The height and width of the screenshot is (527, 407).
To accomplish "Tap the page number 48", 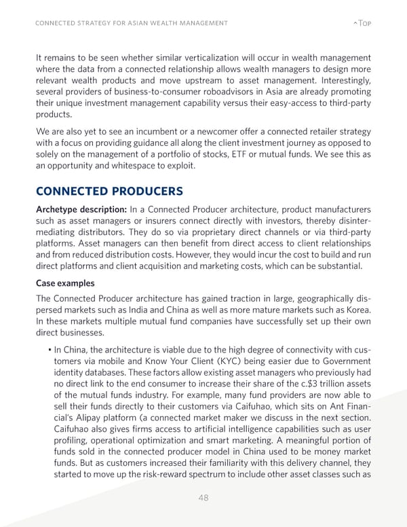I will [203, 498].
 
